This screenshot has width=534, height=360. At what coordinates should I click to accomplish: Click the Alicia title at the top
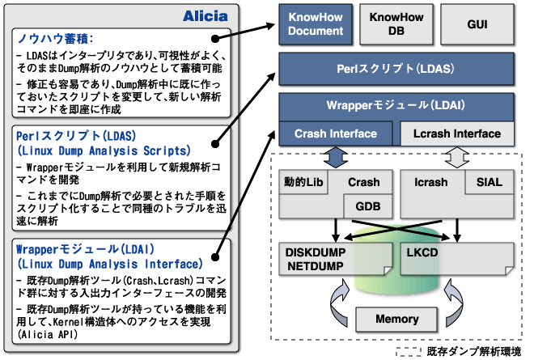click(x=209, y=15)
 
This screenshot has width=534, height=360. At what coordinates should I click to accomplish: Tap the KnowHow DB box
click(x=392, y=24)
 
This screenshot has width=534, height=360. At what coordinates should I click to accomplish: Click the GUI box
click(x=477, y=24)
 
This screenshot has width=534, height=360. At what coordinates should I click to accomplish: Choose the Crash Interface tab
click(x=337, y=133)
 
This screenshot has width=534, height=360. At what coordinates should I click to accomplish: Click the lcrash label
click(x=429, y=182)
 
